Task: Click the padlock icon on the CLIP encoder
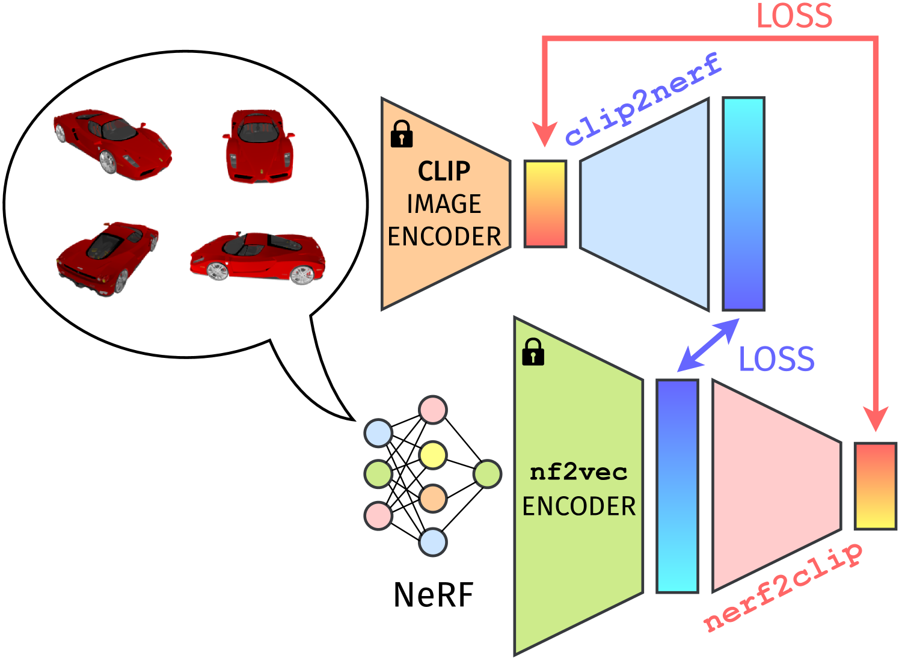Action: coord(402,134)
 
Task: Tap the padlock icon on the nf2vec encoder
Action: coord(533,352)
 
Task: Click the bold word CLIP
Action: coord(444,171)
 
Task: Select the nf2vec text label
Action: coord(578,472)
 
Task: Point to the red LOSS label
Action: coord(794,16)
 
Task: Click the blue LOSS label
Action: coord(776,359)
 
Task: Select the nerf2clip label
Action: coord(782,587)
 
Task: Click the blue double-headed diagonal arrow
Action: coord(708,345)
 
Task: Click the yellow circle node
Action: coord(433,455)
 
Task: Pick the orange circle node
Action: coord(433,499)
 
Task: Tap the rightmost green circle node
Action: coord(487,474)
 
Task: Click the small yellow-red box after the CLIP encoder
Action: coord(545,204)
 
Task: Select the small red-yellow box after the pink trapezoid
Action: coord(876,486)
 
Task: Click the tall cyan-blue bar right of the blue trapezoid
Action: coord(743,204)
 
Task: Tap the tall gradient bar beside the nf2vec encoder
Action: coord(677,486)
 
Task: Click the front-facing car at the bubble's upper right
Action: coord(259,146)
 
